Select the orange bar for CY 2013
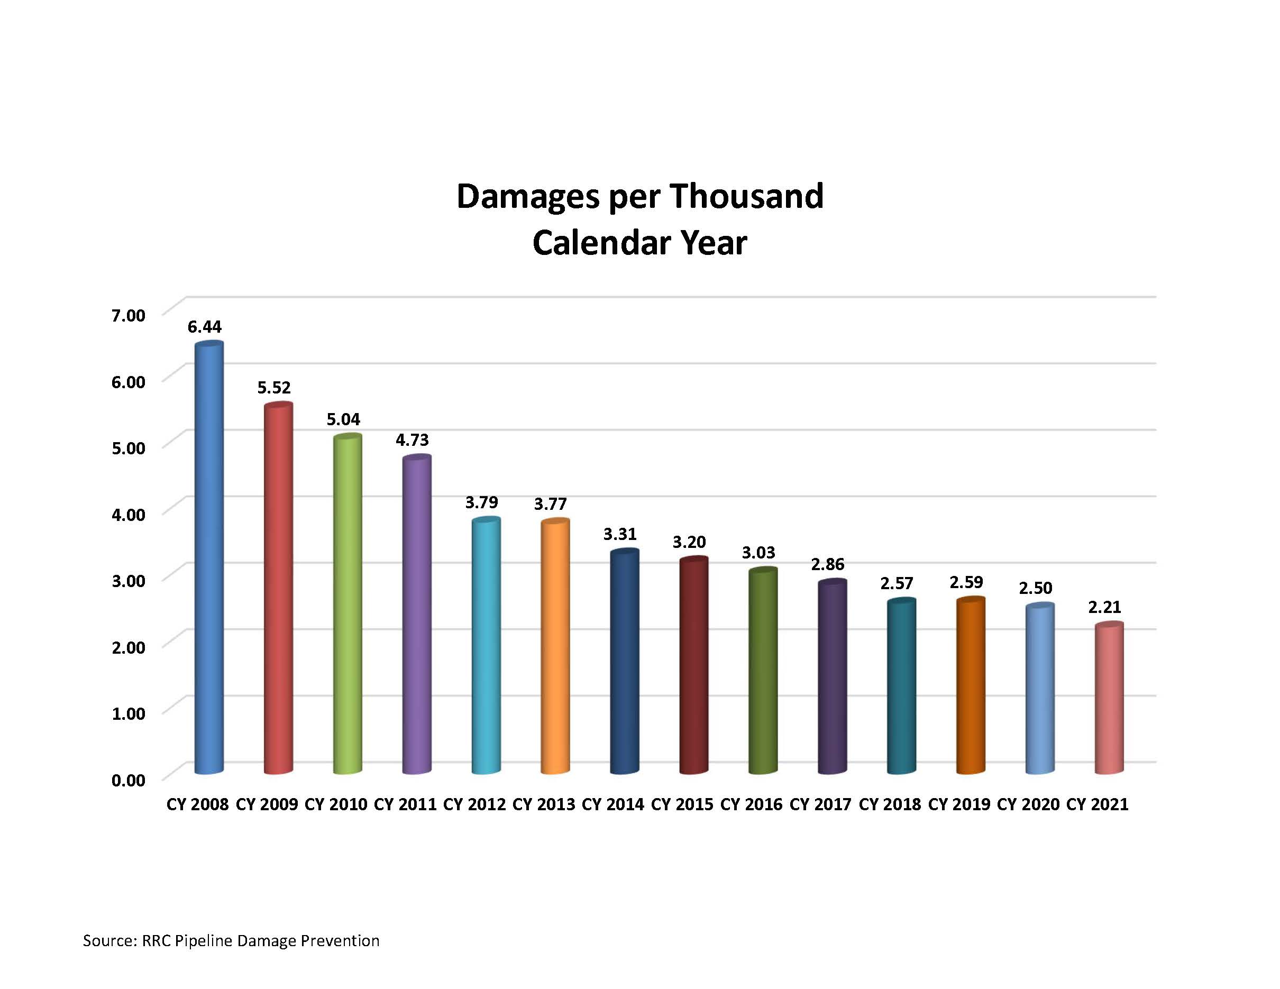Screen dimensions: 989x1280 [554, 645]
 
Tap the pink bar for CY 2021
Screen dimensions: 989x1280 [1109, 697]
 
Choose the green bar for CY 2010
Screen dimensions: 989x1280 [347, 603]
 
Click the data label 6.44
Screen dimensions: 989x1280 [205, 326]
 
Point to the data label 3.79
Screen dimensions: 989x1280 [481, 502]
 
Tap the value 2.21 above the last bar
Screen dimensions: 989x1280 [1104, 607]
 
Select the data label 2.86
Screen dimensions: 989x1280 [828, 564]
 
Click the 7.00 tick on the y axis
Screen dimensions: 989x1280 [129, 315]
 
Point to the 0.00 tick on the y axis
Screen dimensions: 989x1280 [129, 780]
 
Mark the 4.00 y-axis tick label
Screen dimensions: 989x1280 [129, 515]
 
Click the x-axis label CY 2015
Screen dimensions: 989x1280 [682, 804]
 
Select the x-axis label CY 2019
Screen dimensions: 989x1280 [959, 804]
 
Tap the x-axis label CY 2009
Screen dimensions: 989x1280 [267, 804]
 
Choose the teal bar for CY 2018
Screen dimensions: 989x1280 [901, 685]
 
